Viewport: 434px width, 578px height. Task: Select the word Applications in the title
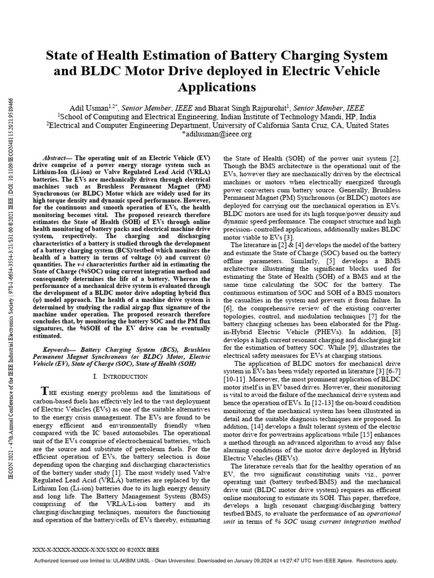click(x=217, y=87)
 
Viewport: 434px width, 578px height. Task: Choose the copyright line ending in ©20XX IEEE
click(x=105, y=548)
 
